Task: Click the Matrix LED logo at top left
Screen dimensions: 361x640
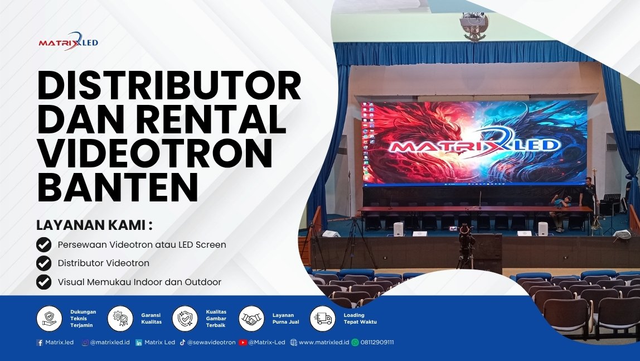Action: (x=68, y=42)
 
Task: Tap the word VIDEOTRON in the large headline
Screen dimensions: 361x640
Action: (x=154, y=155)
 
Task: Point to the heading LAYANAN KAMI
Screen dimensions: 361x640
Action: (x=94, y=225)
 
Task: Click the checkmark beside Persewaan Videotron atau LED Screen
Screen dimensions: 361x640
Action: (x=43, y=245)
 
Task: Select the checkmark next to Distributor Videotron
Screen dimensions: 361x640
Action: (x=43, y=263)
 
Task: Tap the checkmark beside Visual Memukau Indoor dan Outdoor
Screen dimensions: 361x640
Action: (x=43, y=282)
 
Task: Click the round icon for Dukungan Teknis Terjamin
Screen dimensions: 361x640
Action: (x=50, y=319)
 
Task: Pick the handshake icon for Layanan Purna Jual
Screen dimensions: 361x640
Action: (x=251, y=319)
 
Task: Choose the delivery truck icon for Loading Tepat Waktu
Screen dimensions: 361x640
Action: (x=323, y=319)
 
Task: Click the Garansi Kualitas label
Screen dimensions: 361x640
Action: (x=151, y=319)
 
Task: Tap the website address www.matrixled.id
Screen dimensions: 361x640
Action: (x=323, y=343)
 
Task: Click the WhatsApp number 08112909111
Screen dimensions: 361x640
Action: (x=377, y=343)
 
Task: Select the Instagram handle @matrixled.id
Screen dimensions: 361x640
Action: (x=110, y=343)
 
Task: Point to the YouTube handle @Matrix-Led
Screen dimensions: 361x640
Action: (x=266, y=343)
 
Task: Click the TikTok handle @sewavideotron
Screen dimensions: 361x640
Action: (x=211, y=343)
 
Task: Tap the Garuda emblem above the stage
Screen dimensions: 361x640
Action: (x=474, y=27)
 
